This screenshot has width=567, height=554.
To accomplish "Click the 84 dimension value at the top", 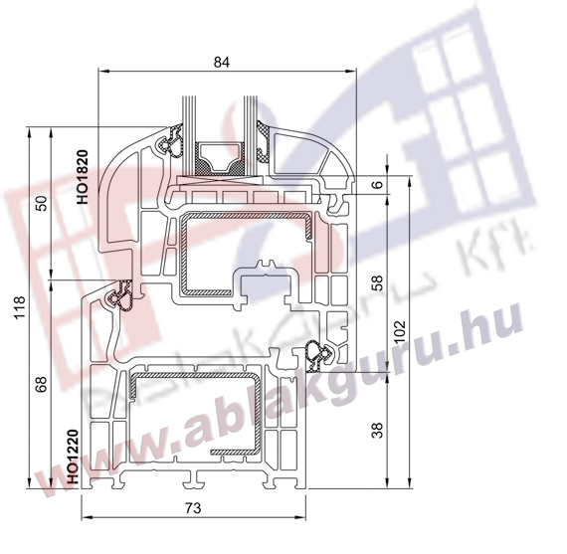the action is coord(221,63).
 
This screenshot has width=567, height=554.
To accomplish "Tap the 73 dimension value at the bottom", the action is coord(193,508).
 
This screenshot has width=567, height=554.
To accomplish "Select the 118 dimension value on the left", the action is coord(20,307).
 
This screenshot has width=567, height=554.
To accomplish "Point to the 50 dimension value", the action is coord(43,204).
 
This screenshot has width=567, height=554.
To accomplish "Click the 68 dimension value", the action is coord(43,384).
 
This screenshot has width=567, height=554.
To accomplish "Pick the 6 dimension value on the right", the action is coord(377,184).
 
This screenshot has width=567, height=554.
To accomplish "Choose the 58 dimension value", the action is coord(377,283).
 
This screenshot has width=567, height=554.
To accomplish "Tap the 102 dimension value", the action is coord(400,332).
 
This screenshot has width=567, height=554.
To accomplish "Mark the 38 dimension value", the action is coord(377,431).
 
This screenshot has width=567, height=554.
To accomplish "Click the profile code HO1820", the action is coord(83,177).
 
